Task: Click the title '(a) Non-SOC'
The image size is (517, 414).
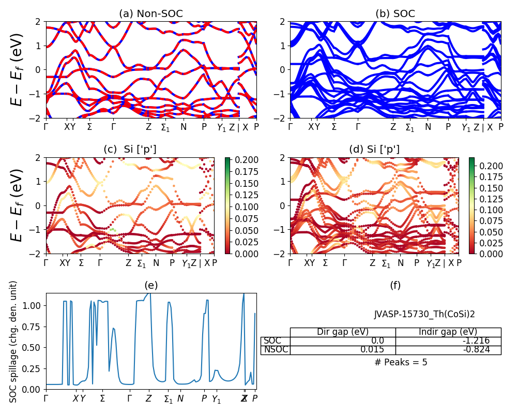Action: pyautogui.click(x=151, y=14)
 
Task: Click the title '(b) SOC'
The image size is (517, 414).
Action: pyautogui.click(x=395, y=14)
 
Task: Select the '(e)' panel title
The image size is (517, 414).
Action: pyautogui.click(x=151, y=285)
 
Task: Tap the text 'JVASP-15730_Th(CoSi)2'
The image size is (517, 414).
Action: pyautogui.click(x=424, y=314)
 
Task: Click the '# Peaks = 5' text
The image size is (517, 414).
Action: pyautogui.click(x=401, y=362)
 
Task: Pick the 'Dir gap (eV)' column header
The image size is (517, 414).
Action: pyautogui.click(x=343, y=332)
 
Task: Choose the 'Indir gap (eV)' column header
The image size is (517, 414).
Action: pyautogui.click(x=448, y=332)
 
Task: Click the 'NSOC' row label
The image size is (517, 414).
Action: pyautogui.click(x=275, y=350)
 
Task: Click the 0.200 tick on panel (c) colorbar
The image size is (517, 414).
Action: pyautogui.click(x=244, y=159)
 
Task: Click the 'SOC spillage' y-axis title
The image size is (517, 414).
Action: pyautogui.click(x=14, y=342)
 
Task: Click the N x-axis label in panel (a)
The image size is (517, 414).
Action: pyautogui.click(x=183, y=127)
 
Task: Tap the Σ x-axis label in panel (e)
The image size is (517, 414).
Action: pyautogui.click(x=102, y=399)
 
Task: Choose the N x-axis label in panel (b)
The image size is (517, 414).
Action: pyautogui.click(x=428, y=127)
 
